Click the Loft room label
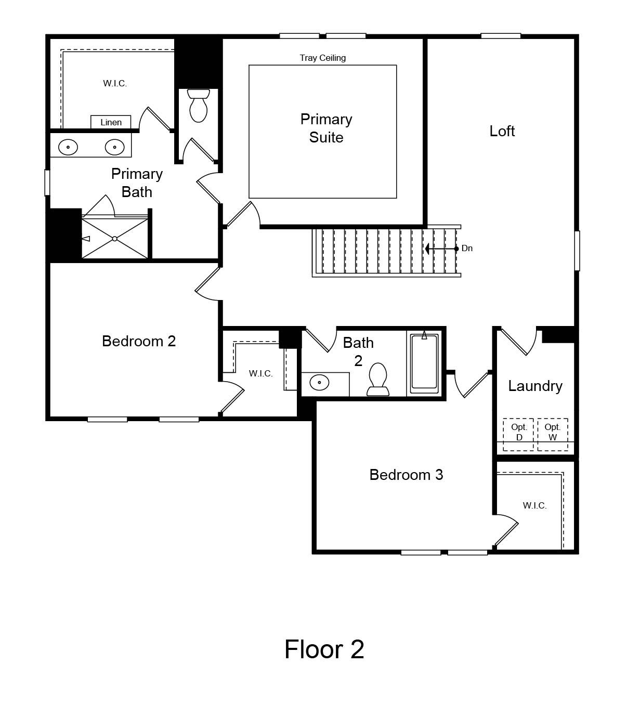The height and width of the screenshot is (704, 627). point(502,132)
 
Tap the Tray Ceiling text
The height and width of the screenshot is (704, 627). point(322,58)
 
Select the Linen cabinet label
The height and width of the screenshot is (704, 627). point(111,122)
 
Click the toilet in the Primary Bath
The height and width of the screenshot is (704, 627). point(199,106)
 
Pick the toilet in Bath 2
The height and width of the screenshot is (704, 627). point(378,380)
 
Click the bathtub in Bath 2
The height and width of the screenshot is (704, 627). point(424,363)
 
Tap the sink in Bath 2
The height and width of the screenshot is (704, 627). point(319,383)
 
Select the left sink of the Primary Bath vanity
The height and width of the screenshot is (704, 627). point(68,147)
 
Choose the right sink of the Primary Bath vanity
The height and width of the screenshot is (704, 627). point(115,147)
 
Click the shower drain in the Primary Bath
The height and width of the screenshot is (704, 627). point(115,239)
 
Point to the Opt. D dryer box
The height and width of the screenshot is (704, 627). point(518,434)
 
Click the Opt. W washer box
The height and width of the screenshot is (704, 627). point(553,434)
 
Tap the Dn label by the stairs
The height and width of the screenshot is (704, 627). point(467,249)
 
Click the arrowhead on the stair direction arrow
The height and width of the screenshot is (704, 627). point(427,249)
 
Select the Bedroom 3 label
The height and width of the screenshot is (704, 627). point(406,475)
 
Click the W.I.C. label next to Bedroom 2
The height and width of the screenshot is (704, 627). point(260,373)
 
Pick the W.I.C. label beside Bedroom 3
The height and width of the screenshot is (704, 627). point(534,505)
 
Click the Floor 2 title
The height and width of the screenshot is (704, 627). point(324,649)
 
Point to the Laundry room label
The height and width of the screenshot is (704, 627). point(535,386)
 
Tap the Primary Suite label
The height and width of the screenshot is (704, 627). point(326,128)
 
